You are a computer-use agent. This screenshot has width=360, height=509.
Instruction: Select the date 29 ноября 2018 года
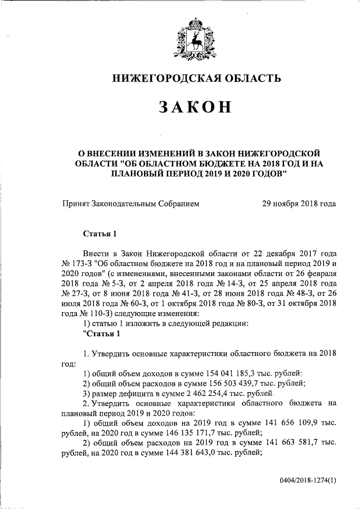click(299, 204)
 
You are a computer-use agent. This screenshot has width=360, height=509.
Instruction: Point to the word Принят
click(77, 204)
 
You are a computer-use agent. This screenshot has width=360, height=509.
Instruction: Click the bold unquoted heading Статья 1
click(100, 233)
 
